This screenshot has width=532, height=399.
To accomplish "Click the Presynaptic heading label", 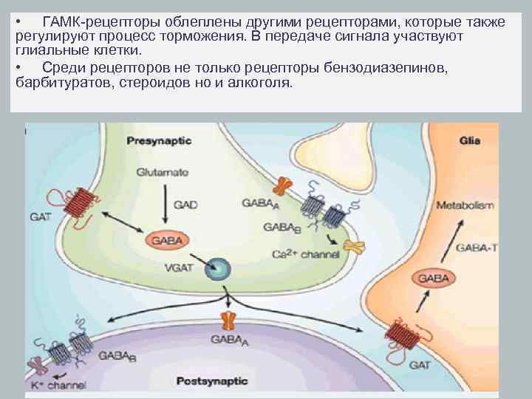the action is click(159, 140).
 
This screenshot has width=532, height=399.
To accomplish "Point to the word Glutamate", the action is click(162, 172).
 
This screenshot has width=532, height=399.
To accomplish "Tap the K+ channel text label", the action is click(57, 385).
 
